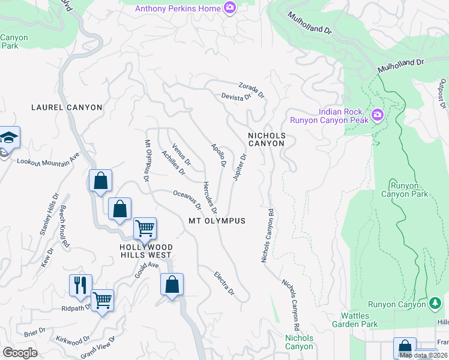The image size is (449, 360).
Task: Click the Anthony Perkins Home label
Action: (x=177, y=8)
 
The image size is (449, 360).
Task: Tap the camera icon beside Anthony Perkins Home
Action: (x=229, y=8)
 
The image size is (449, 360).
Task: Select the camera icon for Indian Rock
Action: (x=377, y=114)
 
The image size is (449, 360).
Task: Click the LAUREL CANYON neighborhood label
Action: (x=67, y=107)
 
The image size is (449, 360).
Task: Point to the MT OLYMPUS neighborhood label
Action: (x=217, y=221)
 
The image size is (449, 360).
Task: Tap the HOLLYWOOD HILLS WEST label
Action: (x=146, y=251)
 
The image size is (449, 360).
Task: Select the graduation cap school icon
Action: (x=9, y=138)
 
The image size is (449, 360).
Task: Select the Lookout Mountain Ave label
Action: (x=48, y=159)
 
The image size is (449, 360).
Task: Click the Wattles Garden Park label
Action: (x=360, y=320)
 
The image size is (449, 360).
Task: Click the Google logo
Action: (x=20, y=352)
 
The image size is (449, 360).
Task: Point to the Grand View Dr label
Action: (x=98, y=346)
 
